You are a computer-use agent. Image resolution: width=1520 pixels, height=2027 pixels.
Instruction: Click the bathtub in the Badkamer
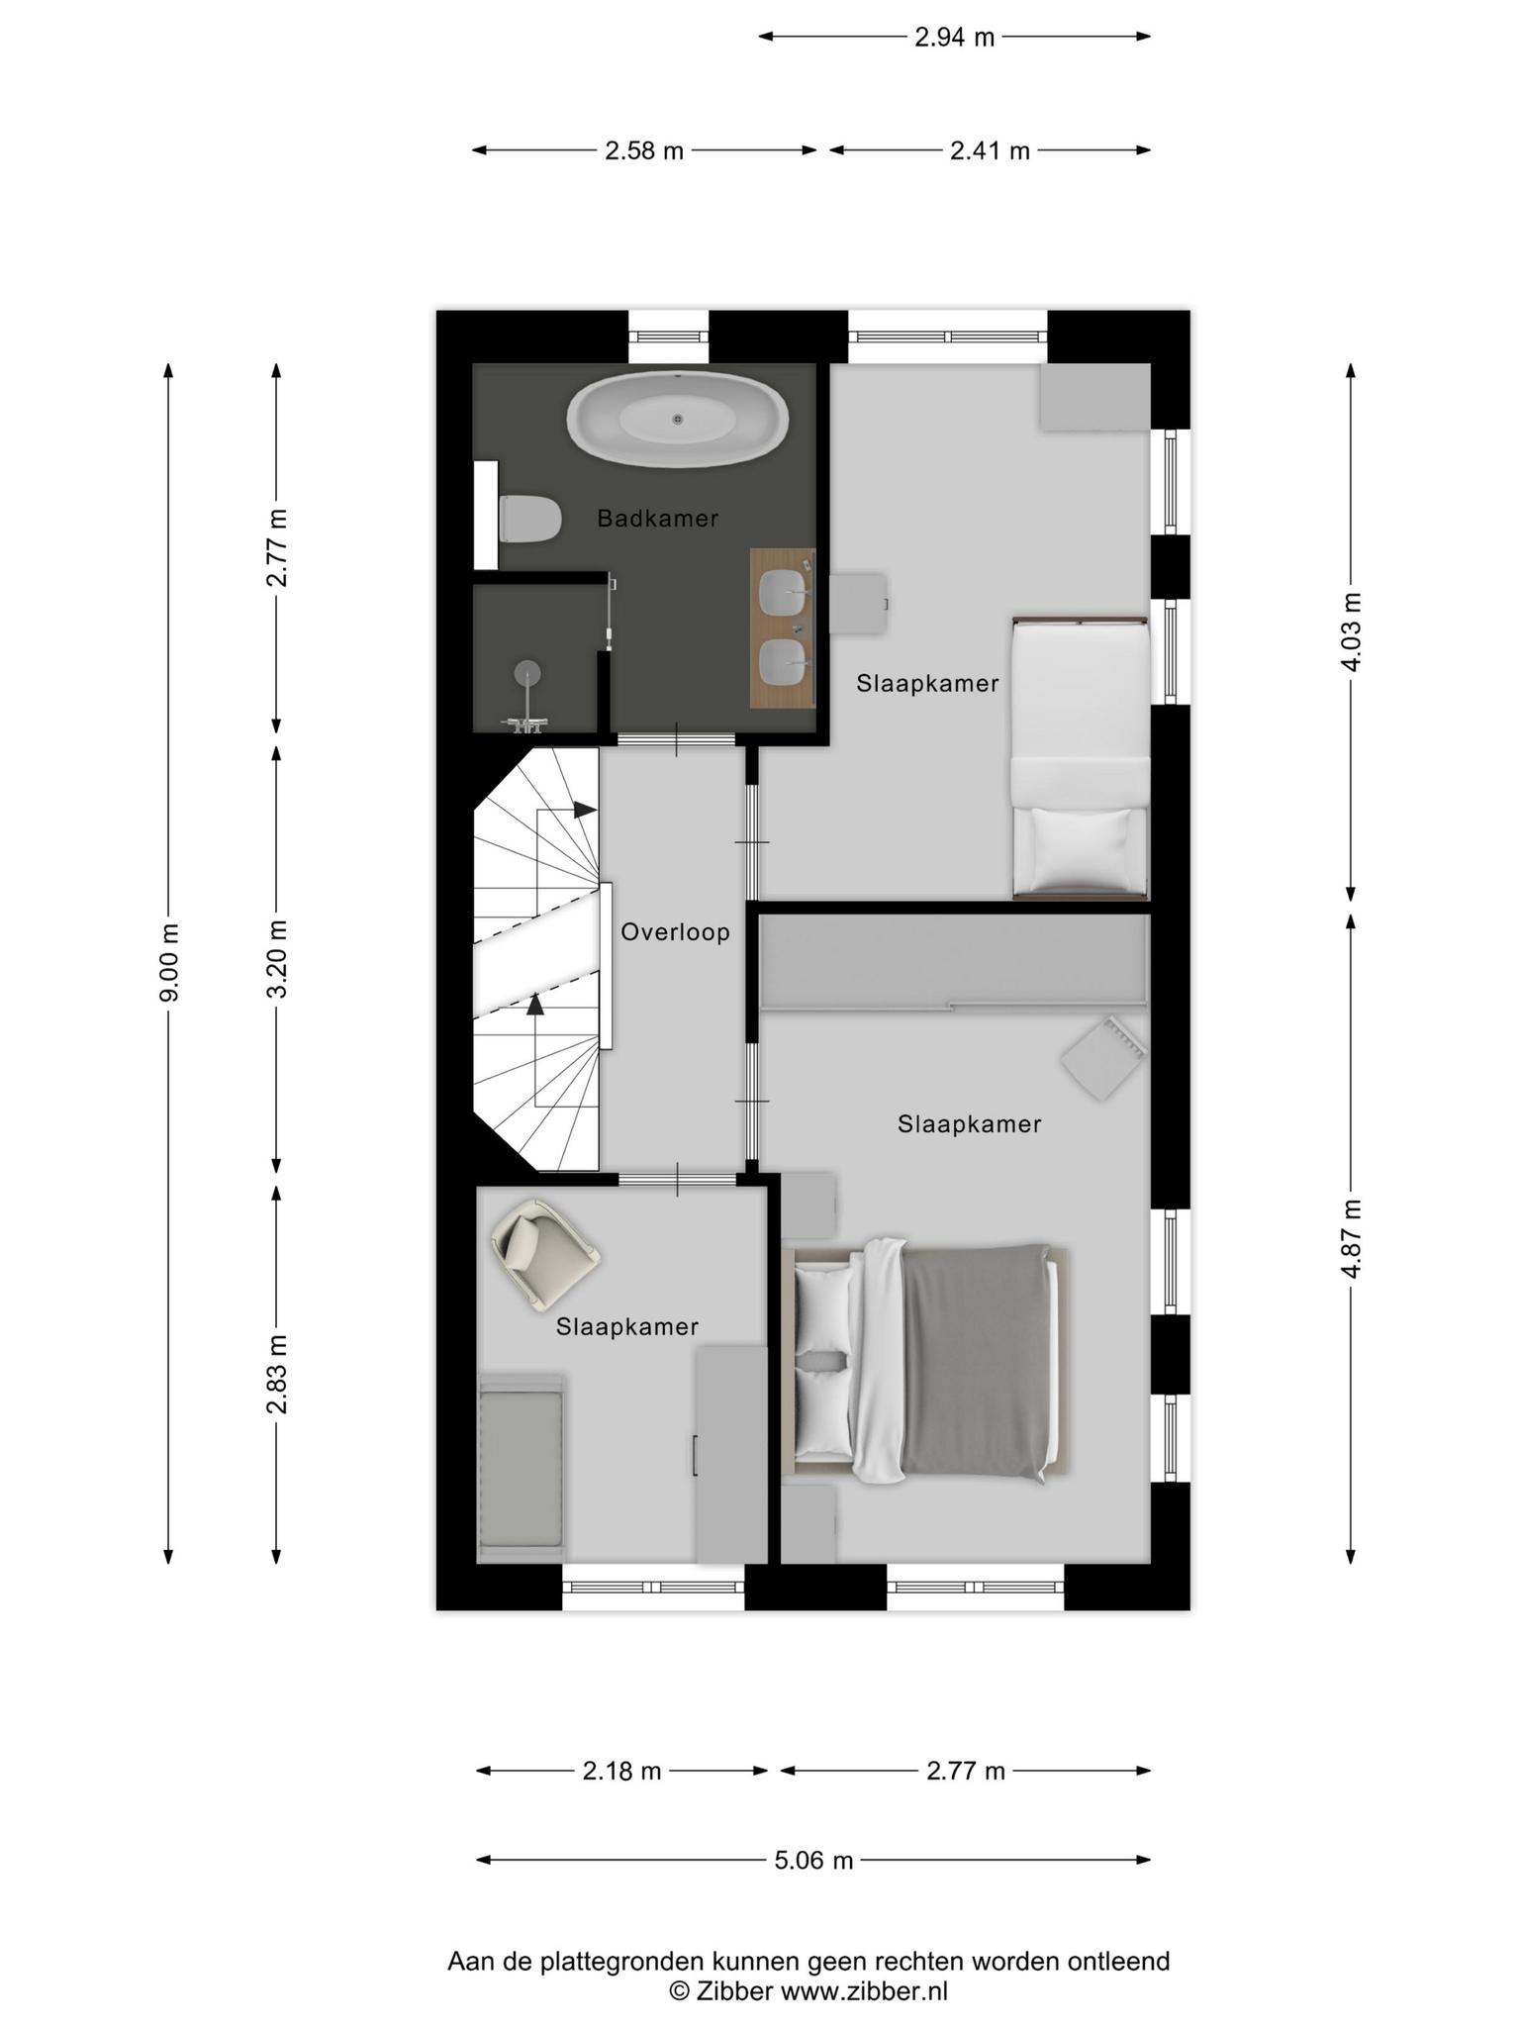(678, 420)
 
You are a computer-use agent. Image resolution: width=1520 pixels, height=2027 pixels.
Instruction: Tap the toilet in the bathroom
(530, 519)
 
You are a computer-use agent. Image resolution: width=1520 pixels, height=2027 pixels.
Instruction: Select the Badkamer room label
(658, 518)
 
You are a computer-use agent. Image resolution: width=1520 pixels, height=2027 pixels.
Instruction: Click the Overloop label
(676, 931)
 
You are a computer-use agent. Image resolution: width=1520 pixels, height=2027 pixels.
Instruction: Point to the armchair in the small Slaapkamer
(545, 1254)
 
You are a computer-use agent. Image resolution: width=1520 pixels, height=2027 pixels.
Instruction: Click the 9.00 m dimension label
(169, 962)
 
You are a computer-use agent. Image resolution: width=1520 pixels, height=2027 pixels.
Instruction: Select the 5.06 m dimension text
(813, 1860)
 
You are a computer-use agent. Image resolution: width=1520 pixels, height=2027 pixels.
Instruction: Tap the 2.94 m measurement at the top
(954, 38)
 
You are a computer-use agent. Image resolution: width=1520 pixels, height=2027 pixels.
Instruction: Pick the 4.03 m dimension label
(1351, 632)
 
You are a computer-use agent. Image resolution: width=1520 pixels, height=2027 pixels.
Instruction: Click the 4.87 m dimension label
(1351, 1238)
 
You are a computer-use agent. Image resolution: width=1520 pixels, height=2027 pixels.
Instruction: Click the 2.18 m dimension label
(621, 1771)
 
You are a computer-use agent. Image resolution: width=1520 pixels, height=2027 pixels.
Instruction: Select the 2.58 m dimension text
(644, 150)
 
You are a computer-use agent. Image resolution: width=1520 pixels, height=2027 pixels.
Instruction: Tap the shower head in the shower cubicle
(528, 672)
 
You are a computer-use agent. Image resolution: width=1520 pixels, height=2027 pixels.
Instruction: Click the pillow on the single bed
(1081, 848)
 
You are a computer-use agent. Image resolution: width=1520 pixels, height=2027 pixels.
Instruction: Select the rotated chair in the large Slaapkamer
(1103, 1057)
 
